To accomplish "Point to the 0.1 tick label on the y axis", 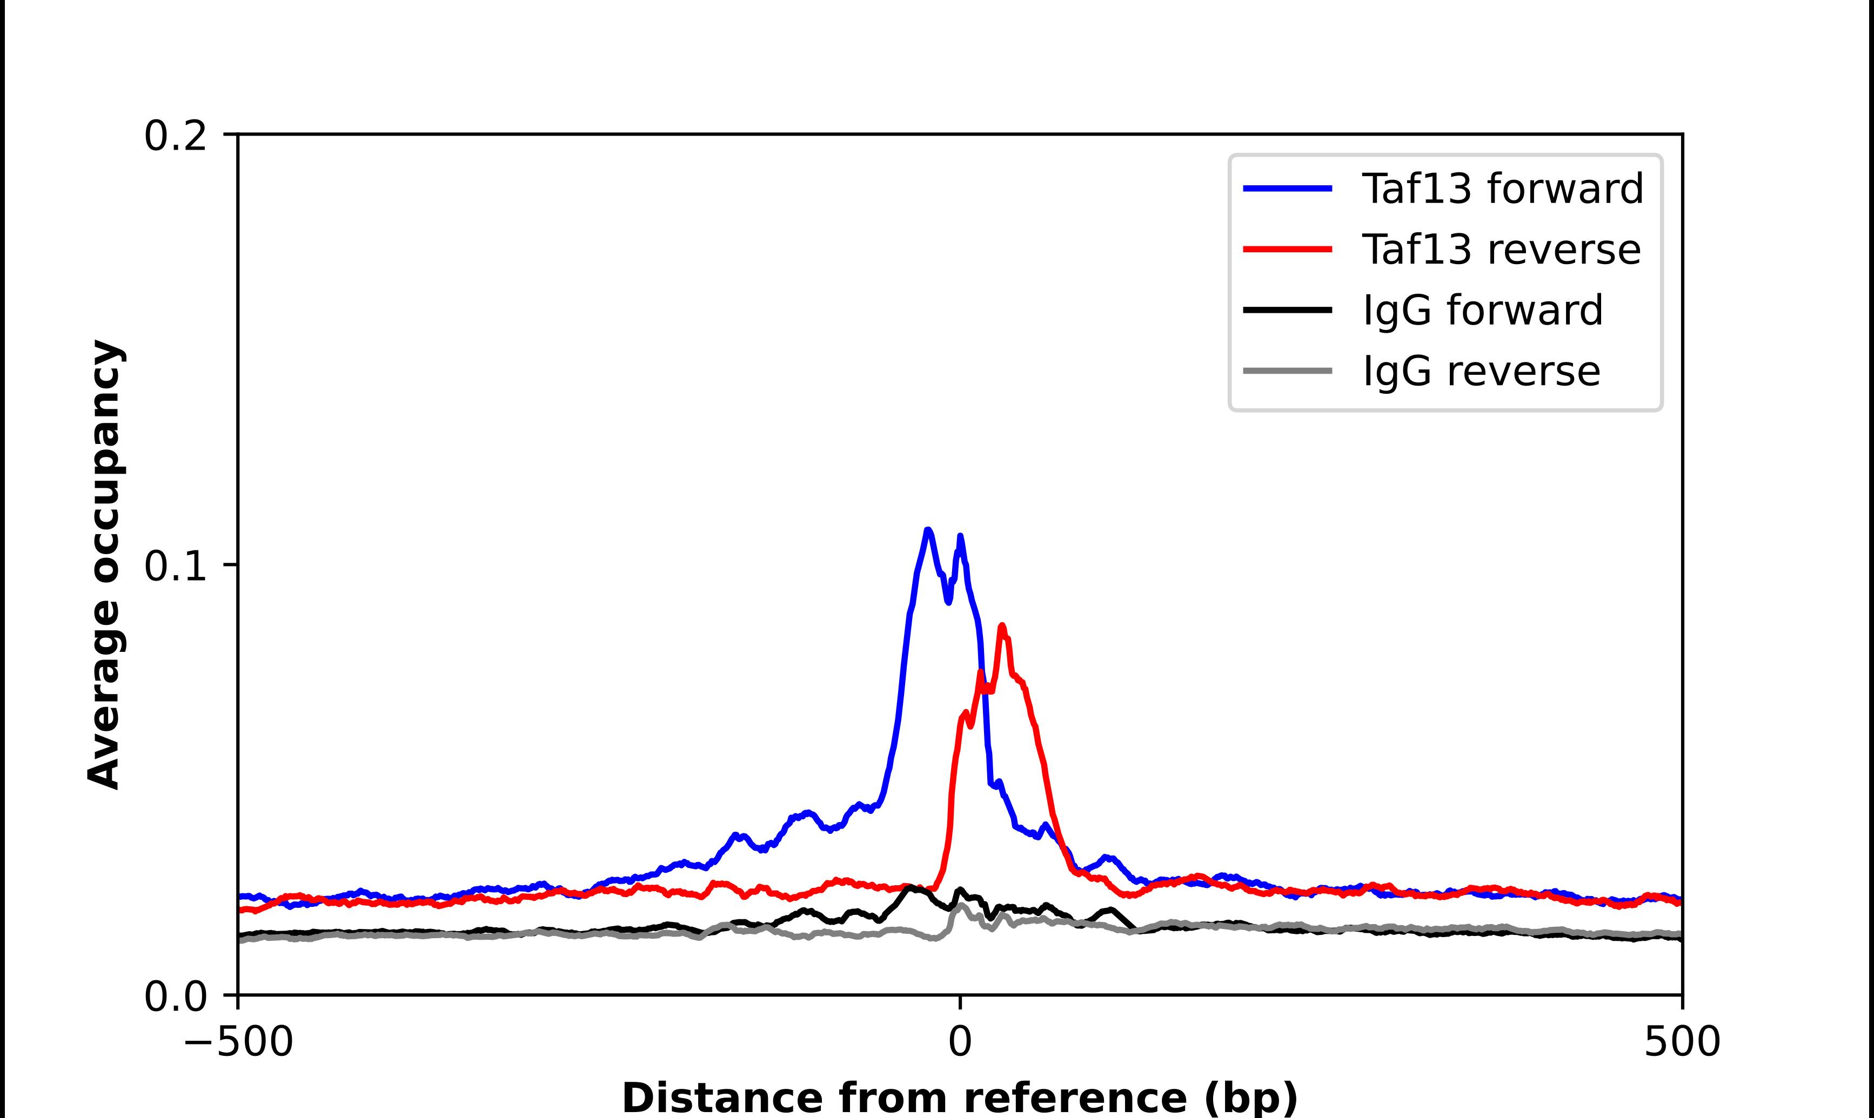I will click(175, 567).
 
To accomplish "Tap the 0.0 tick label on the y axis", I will click(175, 996).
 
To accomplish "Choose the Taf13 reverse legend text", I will click(1501, 250).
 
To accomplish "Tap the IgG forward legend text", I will click(1482, 311).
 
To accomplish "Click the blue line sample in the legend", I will click(1288, 188).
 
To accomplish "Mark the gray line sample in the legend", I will click(1288, 371).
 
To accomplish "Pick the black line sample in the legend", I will click(1288, 309).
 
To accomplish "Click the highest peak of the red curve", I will click(1001, 626).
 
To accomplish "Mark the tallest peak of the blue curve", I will click(928, 530).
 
